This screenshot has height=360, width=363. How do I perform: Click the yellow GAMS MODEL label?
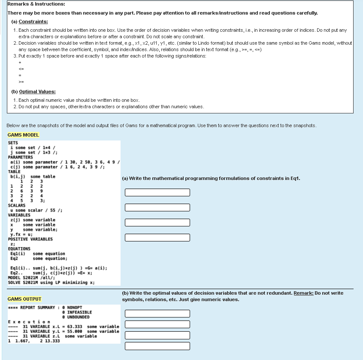click(x=23, y=135)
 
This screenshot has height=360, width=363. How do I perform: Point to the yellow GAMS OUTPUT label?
click(x=24, y=299)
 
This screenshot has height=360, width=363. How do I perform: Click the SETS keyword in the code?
click(x=13, y=143)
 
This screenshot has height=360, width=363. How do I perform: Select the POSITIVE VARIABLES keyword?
click(x=30, y=239)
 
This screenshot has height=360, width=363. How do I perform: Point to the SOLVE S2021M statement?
click(x=51, y=282)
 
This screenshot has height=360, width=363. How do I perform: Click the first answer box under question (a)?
click(x=157, y=192)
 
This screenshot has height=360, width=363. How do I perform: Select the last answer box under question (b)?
click(x=157, y=346)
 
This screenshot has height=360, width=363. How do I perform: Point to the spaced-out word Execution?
click(x=29, y=322)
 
